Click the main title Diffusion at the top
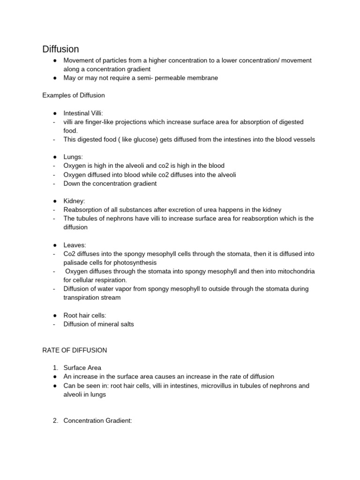point(60,49)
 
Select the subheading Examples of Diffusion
point(74,95)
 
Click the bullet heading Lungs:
point(74,157)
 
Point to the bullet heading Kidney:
point(75,201)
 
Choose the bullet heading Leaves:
point(75,245)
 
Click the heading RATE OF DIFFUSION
point(75,350)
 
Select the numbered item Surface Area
point(82,367)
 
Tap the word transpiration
point(82,298)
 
